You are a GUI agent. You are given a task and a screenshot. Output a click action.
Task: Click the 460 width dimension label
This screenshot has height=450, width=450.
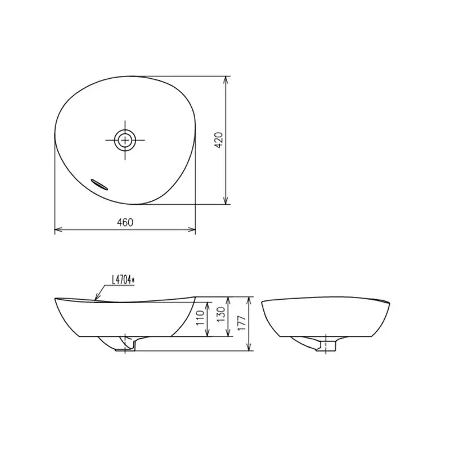(125, 222)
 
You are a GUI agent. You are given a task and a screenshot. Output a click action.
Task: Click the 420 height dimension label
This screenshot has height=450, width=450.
(219, 140)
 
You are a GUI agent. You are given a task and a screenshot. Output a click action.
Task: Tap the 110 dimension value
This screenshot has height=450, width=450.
(200, 318)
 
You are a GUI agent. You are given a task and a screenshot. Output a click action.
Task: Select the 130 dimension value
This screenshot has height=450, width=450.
(221, 314)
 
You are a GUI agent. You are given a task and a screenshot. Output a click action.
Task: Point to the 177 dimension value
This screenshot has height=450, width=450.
(242, 323)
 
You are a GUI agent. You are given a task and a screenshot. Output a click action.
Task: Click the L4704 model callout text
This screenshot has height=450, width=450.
(123, 280)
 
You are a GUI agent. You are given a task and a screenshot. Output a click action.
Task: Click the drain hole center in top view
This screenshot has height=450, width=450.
(125, 140)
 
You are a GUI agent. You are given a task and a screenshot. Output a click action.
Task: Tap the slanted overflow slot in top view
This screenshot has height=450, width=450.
(100, 184)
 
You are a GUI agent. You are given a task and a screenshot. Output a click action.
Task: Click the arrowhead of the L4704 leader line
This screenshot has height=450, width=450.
(97, 298)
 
